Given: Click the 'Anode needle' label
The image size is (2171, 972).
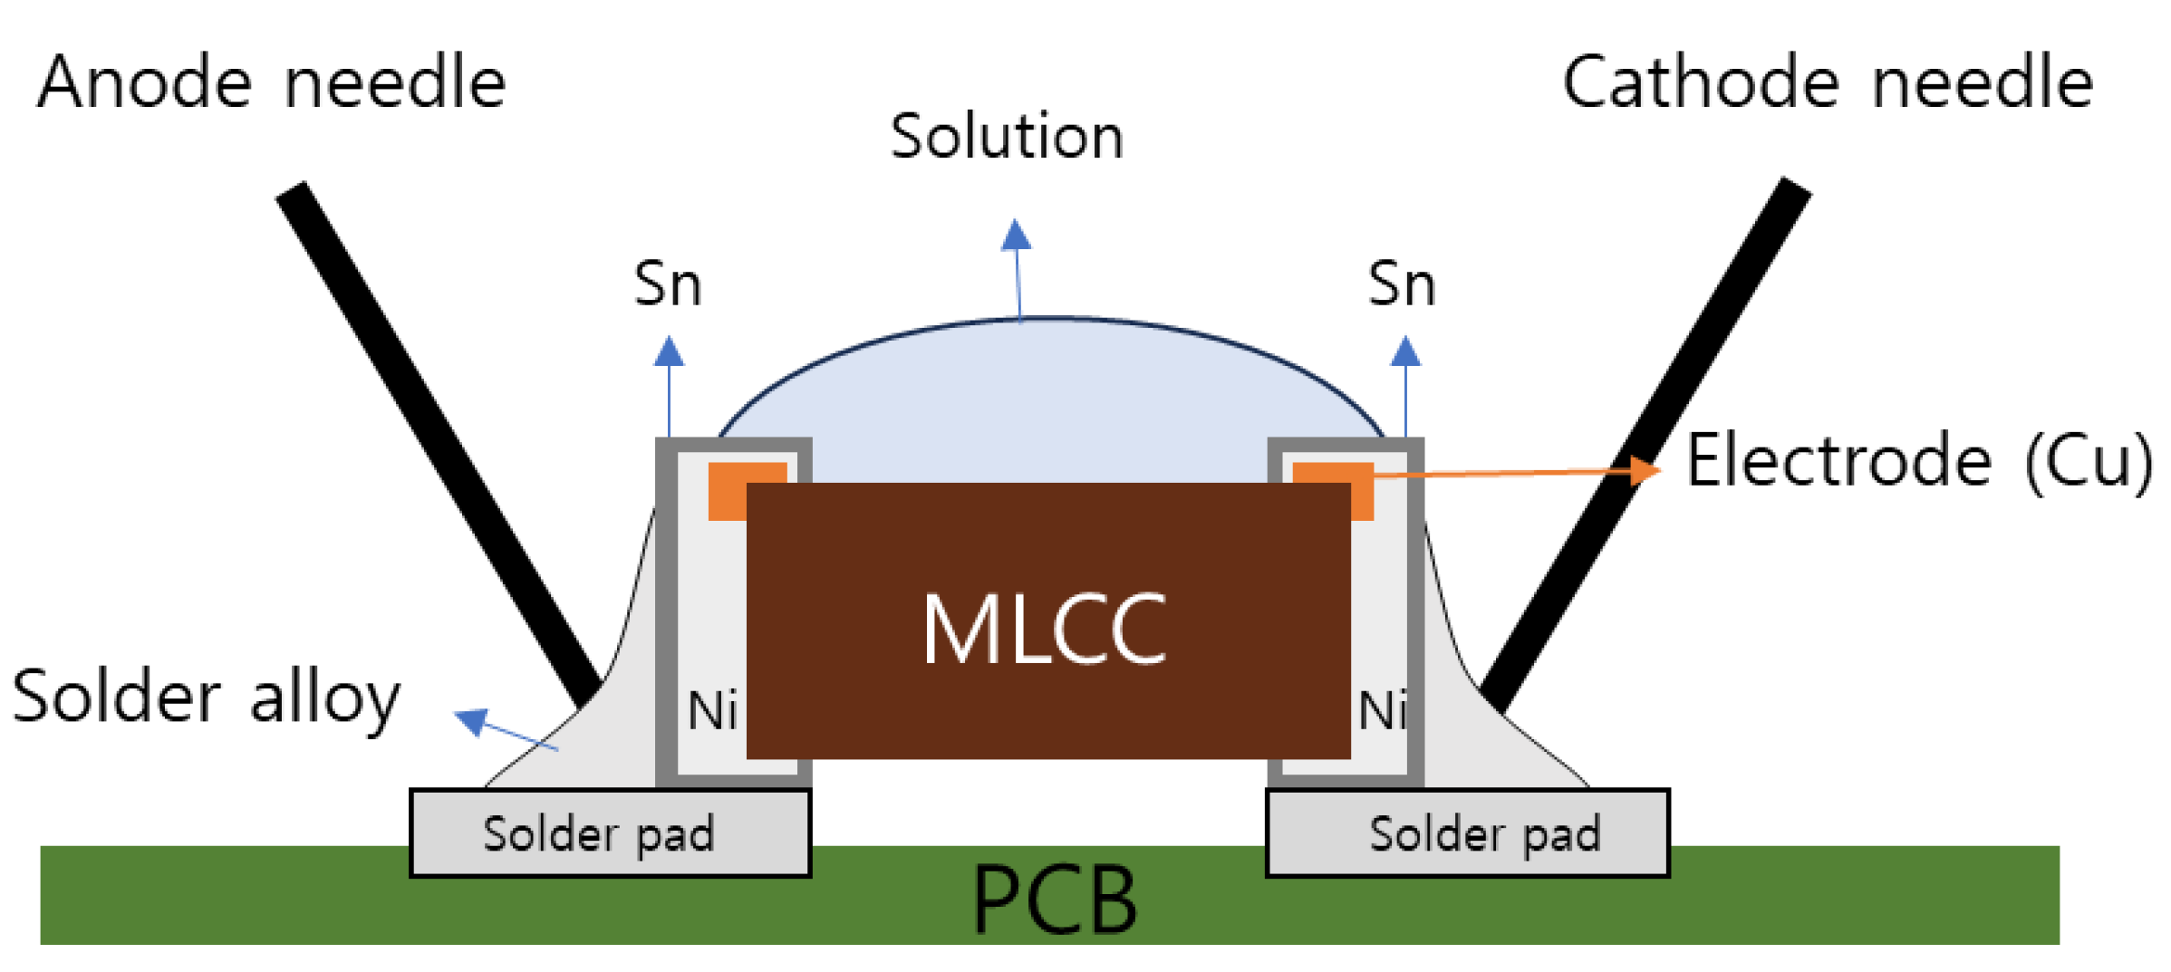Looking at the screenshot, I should [271, 83].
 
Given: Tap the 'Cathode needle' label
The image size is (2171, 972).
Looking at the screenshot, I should [1828, 83].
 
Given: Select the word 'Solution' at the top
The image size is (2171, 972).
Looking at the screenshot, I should [1007, 138].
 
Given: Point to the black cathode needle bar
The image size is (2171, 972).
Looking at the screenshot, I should [1645, 444].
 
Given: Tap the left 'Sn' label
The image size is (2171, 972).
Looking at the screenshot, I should [668, 285].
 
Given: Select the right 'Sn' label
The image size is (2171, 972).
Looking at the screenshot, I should [1402, 285].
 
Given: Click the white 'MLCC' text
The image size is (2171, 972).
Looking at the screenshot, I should [1044, 630].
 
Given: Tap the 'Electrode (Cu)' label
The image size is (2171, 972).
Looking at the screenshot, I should [1918, 462].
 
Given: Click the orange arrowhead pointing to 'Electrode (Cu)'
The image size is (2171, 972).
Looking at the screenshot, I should [1645, 470].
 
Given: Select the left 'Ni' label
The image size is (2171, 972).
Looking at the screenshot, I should [711, 711].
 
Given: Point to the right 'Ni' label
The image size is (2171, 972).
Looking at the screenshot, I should [1382, 711].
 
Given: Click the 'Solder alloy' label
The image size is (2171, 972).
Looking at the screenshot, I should [207, 698].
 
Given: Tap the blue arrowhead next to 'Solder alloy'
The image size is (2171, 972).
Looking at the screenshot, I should [472, 721].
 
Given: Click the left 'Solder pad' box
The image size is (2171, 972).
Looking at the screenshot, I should [609, 833].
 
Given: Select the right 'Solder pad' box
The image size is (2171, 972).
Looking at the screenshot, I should [1467, 833].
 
